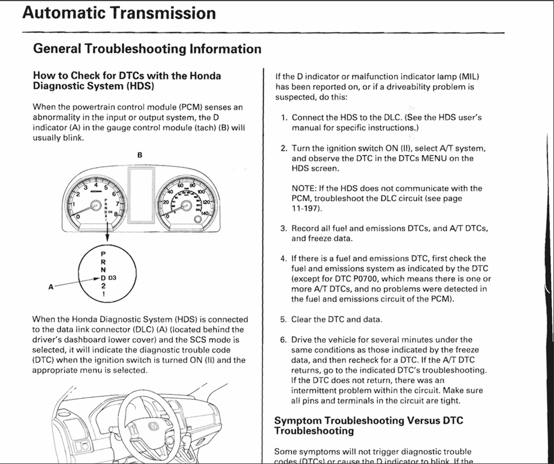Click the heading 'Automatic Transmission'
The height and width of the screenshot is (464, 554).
tap(119, 13)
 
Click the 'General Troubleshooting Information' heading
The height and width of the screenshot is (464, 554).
tap(147, 49)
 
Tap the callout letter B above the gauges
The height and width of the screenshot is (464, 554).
tap(139, 155)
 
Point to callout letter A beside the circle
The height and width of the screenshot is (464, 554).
tap(51, 285)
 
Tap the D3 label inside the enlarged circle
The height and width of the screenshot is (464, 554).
tap(112, 278)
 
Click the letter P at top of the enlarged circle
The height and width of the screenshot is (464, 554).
tap(103, 253)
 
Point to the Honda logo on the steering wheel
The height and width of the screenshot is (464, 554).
tap(154, 429)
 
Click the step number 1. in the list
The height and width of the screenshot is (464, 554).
tap(284, 118)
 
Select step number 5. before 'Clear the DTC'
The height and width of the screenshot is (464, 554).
tap(283, 319)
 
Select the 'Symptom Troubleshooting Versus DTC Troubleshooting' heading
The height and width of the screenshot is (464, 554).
tap(368, 425)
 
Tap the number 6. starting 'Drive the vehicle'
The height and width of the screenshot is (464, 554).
tap(283, 339)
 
